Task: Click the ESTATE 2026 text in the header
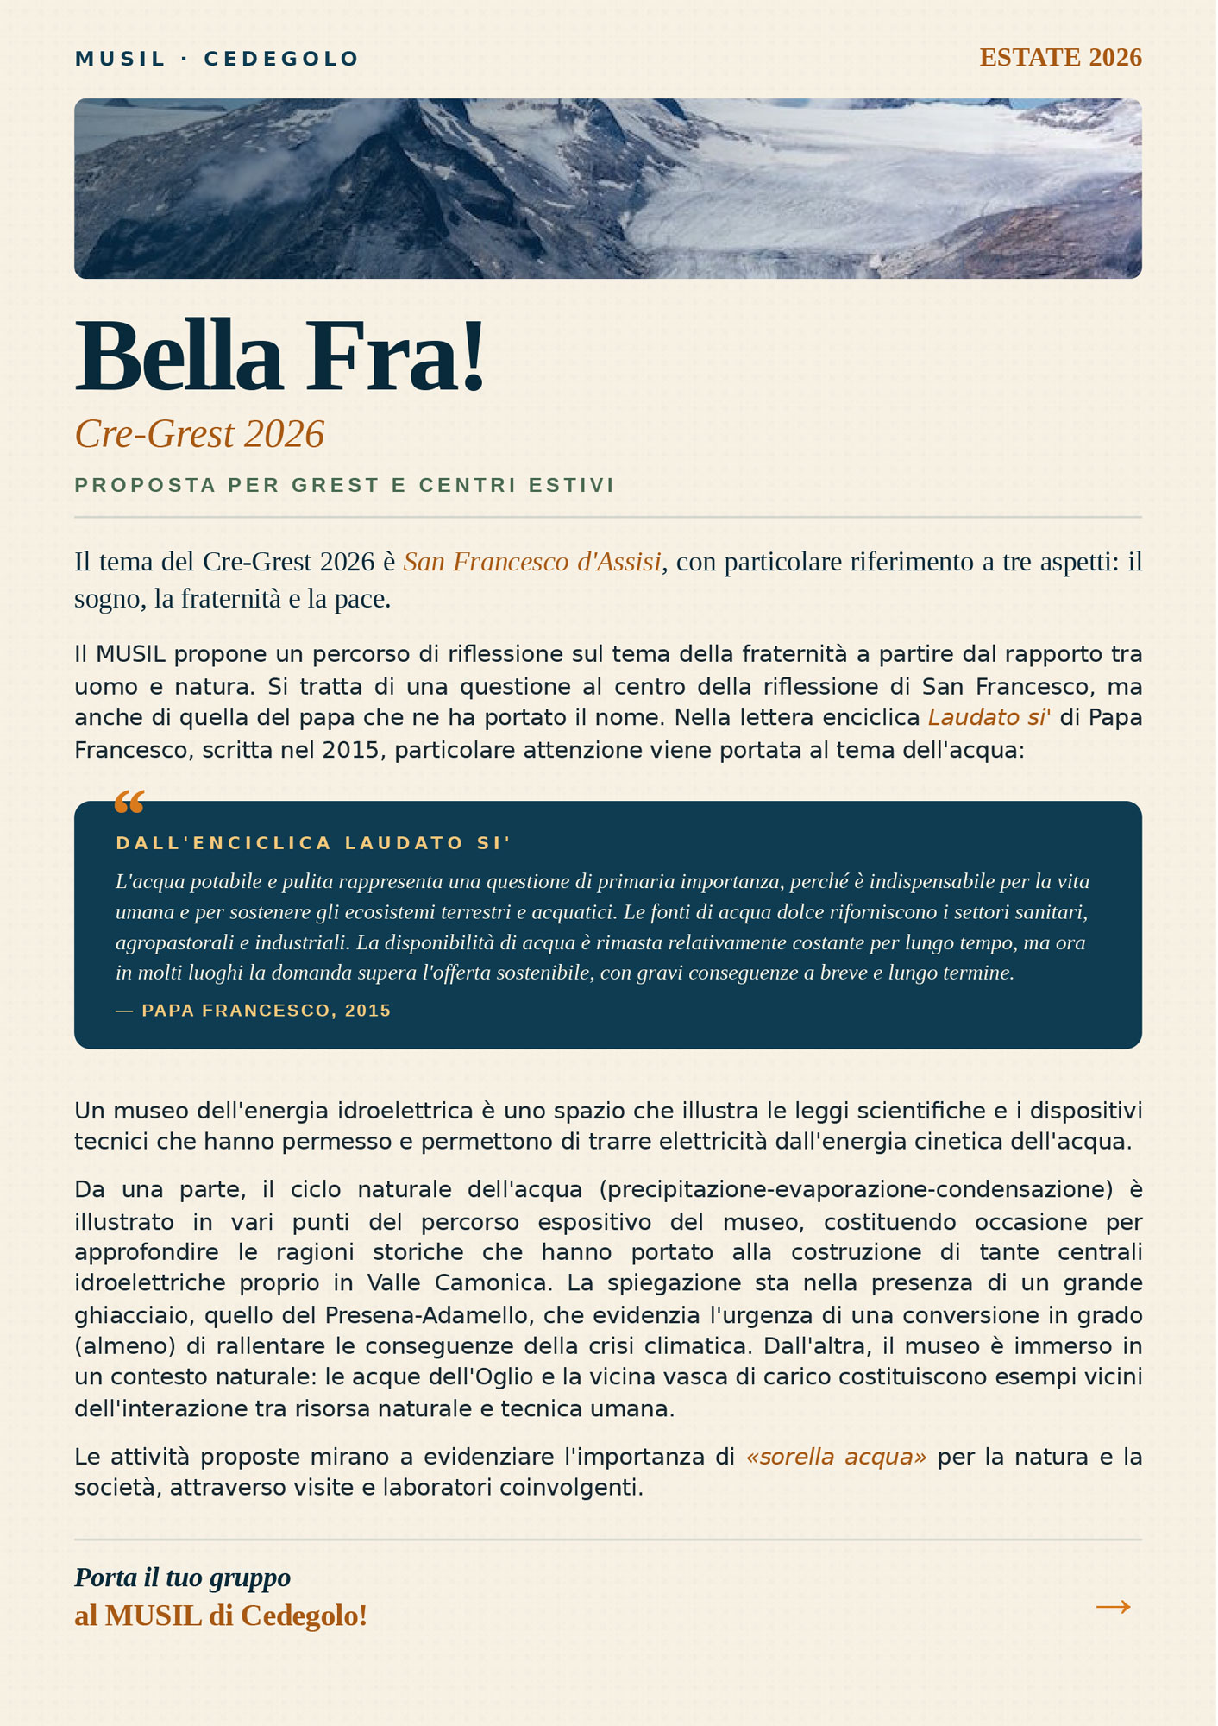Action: (x=1060, y=58)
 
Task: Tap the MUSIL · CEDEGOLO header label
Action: (x=217, y=59)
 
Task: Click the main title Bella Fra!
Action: (x=280, y=356)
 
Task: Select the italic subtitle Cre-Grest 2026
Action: (x=199, y=434)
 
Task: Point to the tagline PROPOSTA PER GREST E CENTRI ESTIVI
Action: (x=345, y=485)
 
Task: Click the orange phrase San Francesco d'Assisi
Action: (x=532, y=562)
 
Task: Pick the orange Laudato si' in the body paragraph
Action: (x=989, y=718)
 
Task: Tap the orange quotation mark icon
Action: (x=129, y=803)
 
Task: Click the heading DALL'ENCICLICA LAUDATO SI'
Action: (x=314, y=843)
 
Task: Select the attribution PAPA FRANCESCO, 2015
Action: (x=266, y=1011)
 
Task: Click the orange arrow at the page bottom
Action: (x=1113, y=1606)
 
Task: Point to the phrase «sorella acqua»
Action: (x=836, y=1458)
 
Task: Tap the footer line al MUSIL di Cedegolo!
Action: (x=221, y=1616)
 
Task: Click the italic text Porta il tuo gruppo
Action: (x=183, y=1578)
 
